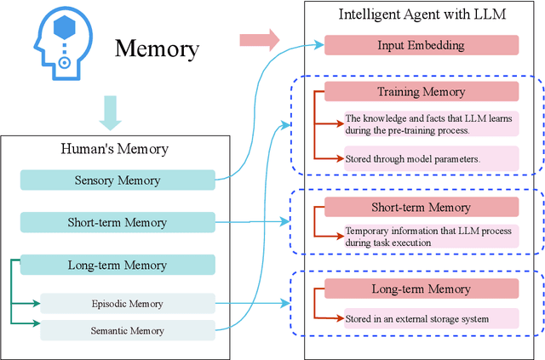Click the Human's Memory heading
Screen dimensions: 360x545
114,149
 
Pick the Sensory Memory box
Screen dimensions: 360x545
117,180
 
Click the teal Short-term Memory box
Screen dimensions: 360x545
117,223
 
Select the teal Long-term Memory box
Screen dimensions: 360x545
117,265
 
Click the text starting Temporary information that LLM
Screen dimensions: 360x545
428,236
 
